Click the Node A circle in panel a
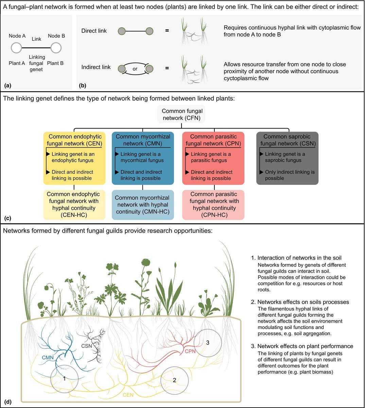(16, 48)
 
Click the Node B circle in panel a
(56, 48)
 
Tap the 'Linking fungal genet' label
(36, 63)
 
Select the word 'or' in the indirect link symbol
(135, 69)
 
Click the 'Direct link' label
(94, 31)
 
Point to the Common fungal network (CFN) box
(182, 115)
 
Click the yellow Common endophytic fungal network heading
(74, 140)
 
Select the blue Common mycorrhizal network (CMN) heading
(143, 140)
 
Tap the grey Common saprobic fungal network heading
(287, 140)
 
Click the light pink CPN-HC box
(214, 204)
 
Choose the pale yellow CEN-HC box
(74, 204)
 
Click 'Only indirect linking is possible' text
(290, 175)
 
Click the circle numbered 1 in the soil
(64, 378)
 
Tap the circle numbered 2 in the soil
(174, 380)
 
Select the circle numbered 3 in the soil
(207, 343)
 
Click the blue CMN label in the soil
(48, 358)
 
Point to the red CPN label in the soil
(190, 351)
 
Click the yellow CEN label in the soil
(128, 395)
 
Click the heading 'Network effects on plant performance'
(305, 346)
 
